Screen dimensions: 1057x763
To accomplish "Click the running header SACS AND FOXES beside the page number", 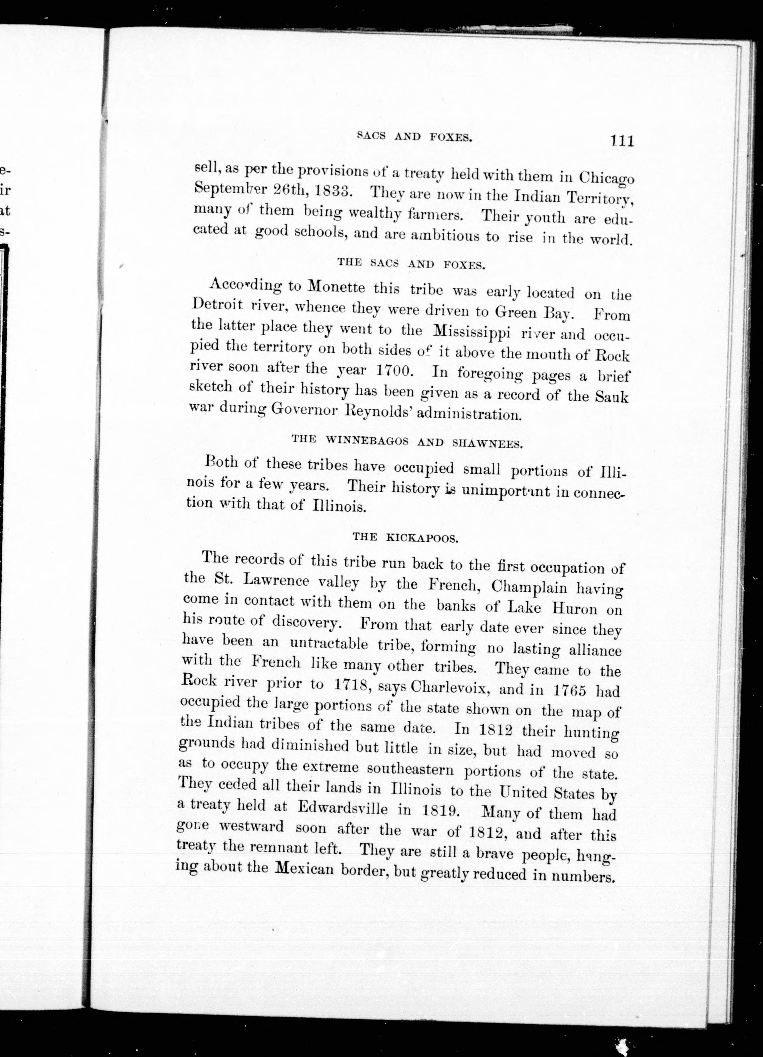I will pos(414,136).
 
